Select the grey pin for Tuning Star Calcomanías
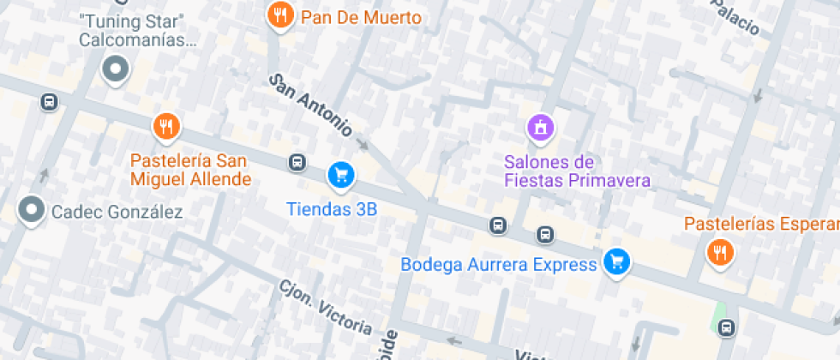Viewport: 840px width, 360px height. pos(115,69)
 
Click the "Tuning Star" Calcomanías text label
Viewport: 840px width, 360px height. pos(137,29)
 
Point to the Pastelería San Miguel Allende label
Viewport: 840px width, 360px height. pos(190,170)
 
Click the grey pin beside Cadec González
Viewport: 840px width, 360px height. pos(33,209)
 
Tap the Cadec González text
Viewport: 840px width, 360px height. pos(117,212)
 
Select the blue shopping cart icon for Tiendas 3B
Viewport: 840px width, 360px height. pos(341,176)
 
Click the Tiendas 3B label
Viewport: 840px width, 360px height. pos(332,208)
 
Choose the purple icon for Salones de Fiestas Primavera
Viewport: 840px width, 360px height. pos(540,129)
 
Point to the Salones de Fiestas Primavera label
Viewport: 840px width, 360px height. pos(577,171)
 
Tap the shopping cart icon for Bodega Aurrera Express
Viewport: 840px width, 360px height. pos(615,262)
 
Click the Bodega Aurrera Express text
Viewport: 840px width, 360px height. pos(499,264)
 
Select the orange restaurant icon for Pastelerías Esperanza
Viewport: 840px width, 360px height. pos(718,253)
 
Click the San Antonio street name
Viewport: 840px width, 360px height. pos(311,105)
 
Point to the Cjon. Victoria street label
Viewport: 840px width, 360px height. pos(326,307)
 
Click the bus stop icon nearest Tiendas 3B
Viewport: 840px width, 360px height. pos(297,162)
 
